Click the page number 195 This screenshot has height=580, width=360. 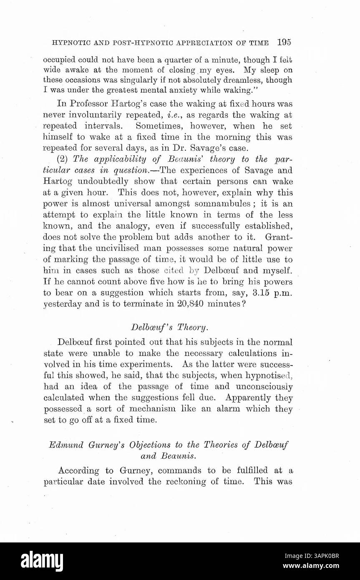coord(283,42)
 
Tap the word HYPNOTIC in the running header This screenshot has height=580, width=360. coord(66,43)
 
